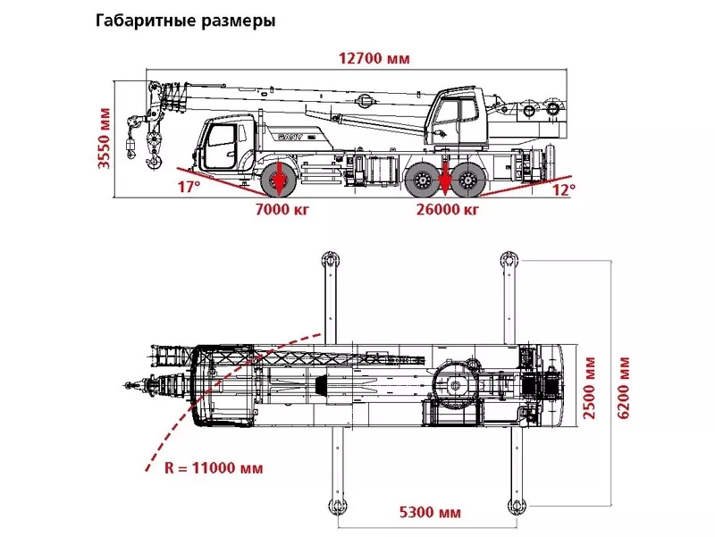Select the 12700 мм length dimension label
[x=374, y=59]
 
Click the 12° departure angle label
[x=563, y=189]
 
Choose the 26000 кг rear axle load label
[x=448, y=210]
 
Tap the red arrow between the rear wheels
[x=445, y=178]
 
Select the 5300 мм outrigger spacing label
[x=430, y=513]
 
